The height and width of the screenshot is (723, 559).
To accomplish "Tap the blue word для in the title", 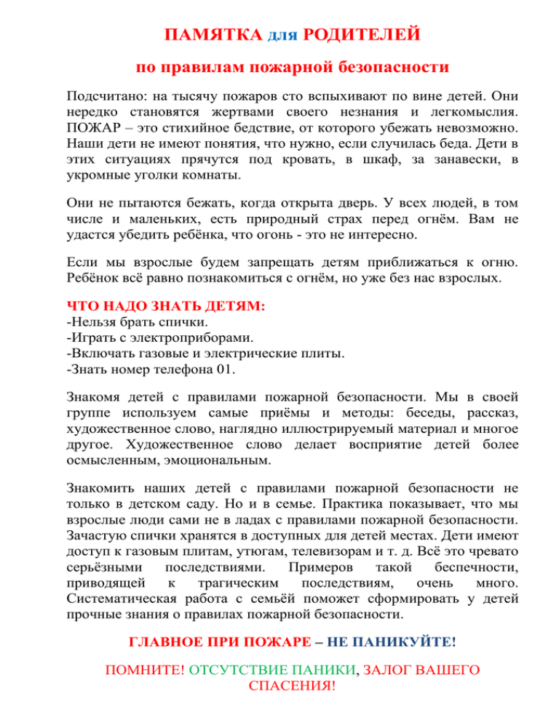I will pyautogui.click(x=282, y=36).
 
